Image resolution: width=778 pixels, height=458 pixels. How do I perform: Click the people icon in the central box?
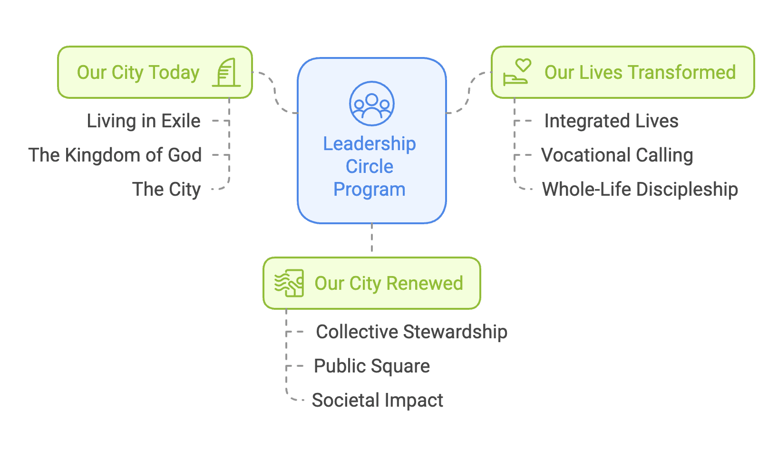(x=371, y=104)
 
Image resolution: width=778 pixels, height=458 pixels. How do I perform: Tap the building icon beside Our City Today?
(x=227, y=73)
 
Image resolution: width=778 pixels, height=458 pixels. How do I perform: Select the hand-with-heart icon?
(x=517, y=72)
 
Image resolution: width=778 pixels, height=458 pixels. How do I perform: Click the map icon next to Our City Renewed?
(x=289, y=283)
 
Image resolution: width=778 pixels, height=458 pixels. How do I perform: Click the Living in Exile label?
(x=144, y=121)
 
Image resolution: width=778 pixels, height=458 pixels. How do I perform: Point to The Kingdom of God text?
(x=115, y=155)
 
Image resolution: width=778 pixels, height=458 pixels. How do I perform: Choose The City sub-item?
(x=166, y=189)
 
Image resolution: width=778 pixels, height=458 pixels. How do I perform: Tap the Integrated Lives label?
(x=611, y=121)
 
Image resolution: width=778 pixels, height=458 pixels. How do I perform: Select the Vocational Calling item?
(x=617, y=155)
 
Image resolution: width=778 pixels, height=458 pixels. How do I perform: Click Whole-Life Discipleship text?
(x=640, y=189)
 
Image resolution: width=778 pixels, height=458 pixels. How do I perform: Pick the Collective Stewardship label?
(x=411, y=332)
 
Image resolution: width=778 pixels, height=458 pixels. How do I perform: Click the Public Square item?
(x=371, y=366)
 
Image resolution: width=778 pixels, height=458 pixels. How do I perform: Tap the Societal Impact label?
(x=377, y=400)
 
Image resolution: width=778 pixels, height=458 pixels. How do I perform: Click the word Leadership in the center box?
(x=370, y=143)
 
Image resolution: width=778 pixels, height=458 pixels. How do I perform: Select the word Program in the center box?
(x=370, y=189)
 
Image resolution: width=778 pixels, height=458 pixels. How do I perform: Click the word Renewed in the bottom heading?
(x=425, y=283)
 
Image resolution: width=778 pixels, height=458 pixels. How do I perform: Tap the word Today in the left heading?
(x=174, y=72)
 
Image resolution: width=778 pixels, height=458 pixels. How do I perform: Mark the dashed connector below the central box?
(x=371, y=239)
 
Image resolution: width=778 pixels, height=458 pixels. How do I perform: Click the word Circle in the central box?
(x=370, y=166)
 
